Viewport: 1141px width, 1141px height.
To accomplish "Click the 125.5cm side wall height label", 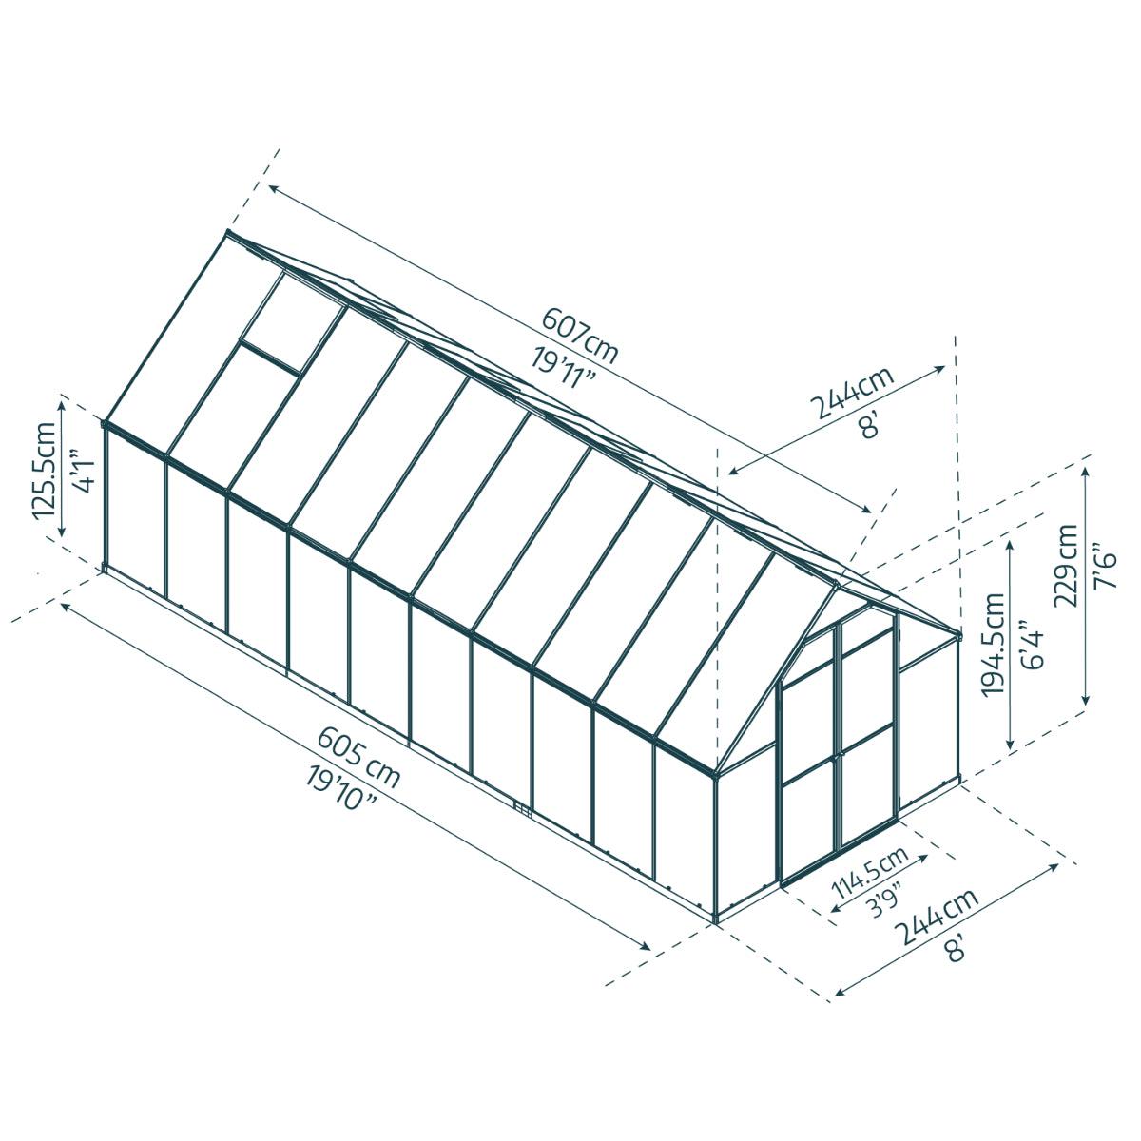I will pos(44,470).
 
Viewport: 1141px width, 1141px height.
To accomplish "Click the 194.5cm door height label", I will pos(995,645).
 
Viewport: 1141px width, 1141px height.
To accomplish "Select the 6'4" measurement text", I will pos(1030,645).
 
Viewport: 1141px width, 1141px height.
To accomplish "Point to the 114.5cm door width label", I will pos(869,874).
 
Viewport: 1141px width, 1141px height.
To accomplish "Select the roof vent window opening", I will pos(291,314).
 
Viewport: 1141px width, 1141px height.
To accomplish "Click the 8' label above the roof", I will pos(867,425).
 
